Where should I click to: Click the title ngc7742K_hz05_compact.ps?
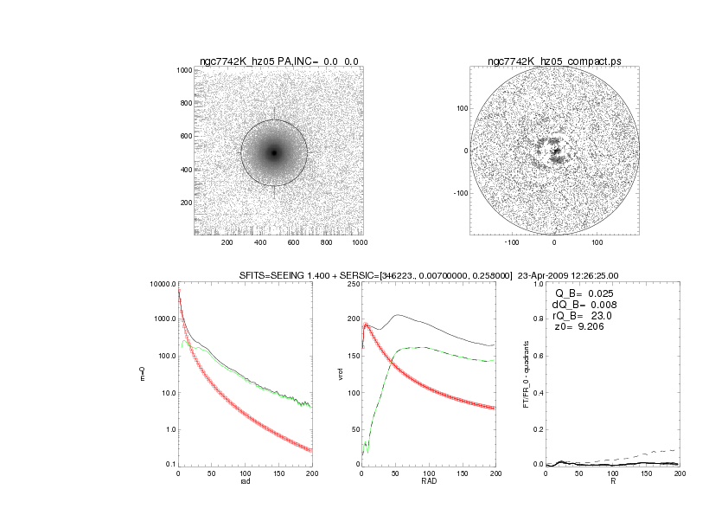[x=554, y=61]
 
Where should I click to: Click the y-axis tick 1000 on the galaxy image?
[x=182, y=70]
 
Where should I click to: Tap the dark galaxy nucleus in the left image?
[x=274, y=153]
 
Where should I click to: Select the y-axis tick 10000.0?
[x=162, y=284]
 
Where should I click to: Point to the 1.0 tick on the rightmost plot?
[x=538, y=284]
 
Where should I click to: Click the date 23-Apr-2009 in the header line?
[x=546, y=275]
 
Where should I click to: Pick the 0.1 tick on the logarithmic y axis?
[x=169, y=466]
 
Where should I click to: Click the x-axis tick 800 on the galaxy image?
[x=326, y=243]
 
